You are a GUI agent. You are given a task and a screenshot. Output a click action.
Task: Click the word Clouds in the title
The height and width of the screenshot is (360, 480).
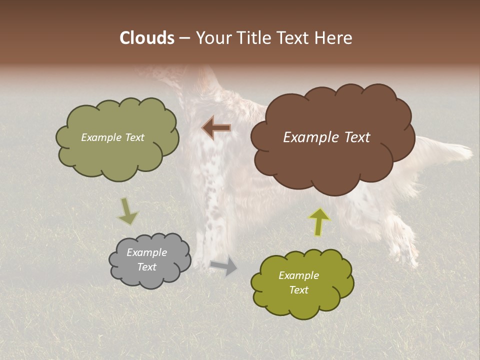click(x=146, y=38)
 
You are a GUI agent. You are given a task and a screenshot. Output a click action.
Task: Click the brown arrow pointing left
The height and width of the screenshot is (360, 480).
click(x=216, y=128)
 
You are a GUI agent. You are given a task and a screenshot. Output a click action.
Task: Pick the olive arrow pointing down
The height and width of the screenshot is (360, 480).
click(x=127, y=210)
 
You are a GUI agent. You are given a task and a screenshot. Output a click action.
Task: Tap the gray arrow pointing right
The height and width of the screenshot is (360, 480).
click(x=224, y=266)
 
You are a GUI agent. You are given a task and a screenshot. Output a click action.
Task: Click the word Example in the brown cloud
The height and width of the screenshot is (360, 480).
click(x=308, y=137)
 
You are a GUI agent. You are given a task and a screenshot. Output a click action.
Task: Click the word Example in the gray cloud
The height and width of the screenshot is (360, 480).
click(x=146, y=252)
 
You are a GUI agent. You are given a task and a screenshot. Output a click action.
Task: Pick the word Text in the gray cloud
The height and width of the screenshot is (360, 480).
click(x=146, y=267)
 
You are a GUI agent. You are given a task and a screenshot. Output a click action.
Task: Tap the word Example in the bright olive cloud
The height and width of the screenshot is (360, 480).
click(x=298, y=275)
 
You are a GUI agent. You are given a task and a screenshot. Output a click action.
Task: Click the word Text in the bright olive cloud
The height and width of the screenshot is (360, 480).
click(x=298, y=290)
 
